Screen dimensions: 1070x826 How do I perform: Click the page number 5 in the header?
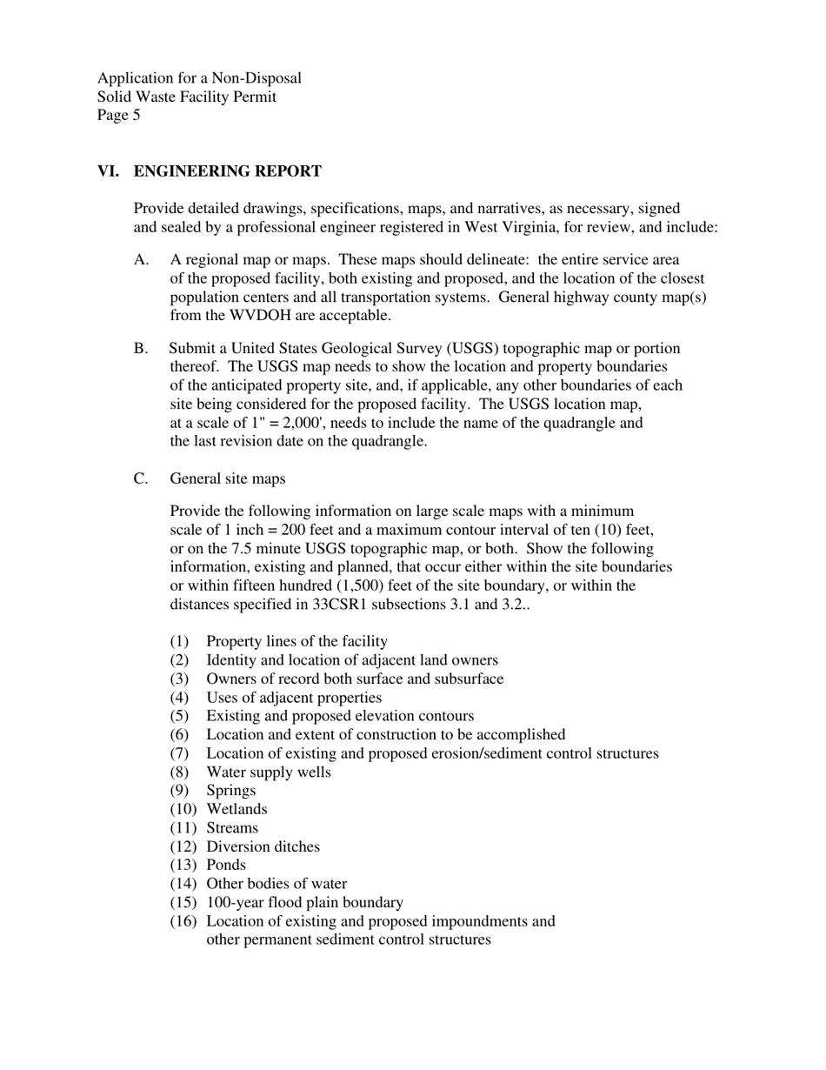(136, 115)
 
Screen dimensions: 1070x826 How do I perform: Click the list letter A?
(142, 260)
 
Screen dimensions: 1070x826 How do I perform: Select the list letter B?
(141, 349)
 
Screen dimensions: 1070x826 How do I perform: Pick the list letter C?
(141, 478)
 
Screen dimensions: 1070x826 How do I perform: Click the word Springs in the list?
(230, 791)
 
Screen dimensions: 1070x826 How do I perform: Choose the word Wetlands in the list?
(236, 809)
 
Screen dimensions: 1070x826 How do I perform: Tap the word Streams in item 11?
(232, 828)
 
